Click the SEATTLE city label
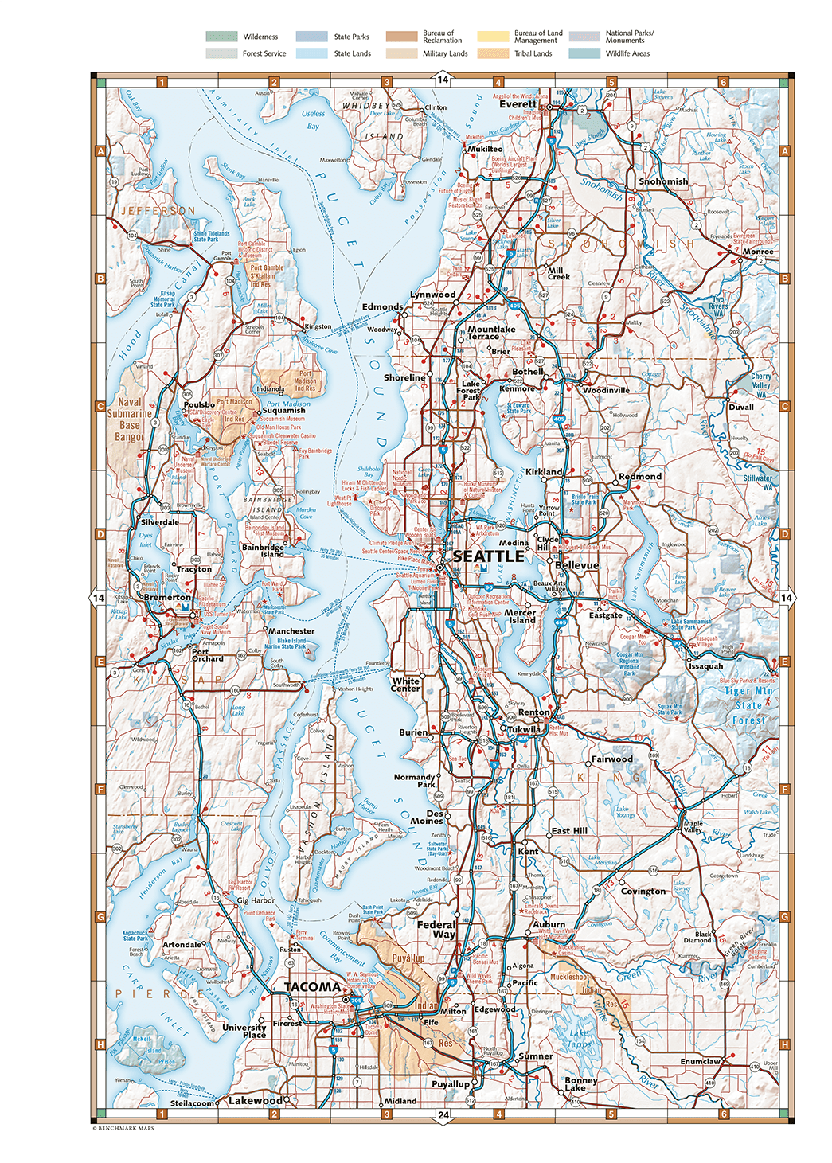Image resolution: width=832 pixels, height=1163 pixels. click(x=488, y=556)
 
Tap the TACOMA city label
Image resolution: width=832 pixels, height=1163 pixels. click(x=312, y=987)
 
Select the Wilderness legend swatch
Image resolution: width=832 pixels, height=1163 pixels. click(x=221, y=37)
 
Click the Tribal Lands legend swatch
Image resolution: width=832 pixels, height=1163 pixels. click(x=493, y=53)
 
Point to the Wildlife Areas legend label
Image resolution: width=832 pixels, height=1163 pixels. click(x=627, y=53)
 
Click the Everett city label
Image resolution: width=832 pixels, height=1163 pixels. click(x=518, y=104)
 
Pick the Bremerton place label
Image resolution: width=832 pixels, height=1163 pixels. click(x=167, y=597)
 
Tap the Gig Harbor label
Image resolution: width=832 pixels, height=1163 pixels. click(x=256, y=900)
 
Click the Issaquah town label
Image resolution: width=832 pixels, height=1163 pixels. click(x=706, y=666)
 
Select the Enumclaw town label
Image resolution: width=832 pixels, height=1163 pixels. click(x=700, y=1061)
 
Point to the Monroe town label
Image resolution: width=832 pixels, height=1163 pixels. click(x=757, y=252)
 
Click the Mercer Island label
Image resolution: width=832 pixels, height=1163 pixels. click(x=521, y=616)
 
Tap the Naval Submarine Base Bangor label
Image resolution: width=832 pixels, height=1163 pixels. click(x=129, y=420)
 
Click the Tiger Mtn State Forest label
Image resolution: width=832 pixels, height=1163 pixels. click(x=748, y=705)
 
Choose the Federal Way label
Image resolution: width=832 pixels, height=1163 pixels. click(x=436, y=930)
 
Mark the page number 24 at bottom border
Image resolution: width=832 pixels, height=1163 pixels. click(x=443, y=1115)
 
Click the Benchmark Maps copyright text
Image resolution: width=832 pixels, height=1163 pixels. click(x=123, y=1128)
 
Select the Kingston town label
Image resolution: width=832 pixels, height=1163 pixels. click(x=318, y=326)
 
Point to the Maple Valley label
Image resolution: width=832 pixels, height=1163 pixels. click(x=693, y=826)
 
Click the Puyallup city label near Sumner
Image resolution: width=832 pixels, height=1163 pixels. click(x=450, y=1083)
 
